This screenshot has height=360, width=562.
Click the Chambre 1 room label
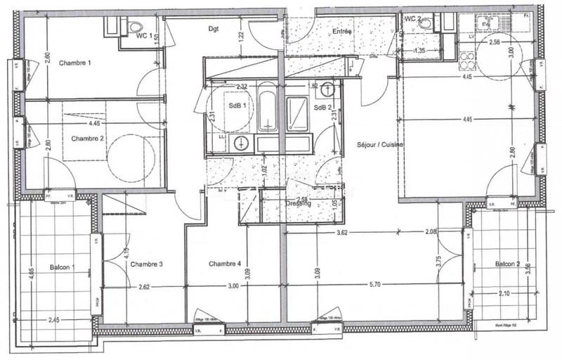pos(75,63)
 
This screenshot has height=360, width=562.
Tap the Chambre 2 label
pos(88,139)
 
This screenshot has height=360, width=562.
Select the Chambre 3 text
pos(146,264)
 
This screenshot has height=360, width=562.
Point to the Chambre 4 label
pos(225,264)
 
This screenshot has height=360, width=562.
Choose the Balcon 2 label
pos(507,264)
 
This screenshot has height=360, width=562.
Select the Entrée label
pos(342,32)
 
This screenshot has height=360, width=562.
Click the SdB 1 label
pos(237,106)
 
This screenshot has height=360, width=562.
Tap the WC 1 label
pos(144,35)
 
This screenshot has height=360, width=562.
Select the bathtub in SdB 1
pos(268,109)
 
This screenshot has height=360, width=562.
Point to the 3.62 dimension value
pos(342,233)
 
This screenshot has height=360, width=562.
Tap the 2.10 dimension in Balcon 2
pos(504,295)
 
